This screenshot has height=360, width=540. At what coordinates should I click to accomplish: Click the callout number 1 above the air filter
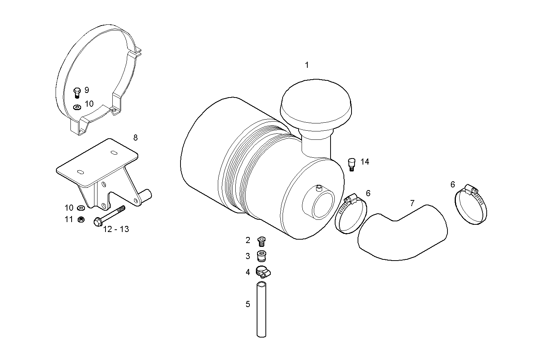tap(307, 65)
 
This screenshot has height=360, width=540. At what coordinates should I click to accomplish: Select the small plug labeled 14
tap(351, 165)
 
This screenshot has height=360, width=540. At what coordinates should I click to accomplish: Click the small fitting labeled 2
tap(261, 241)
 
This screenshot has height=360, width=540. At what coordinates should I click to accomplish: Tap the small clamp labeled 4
tap(262, 272)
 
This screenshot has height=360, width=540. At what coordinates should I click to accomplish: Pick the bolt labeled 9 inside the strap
tap(77, 92)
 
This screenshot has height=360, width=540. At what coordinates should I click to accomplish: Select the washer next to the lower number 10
tap(81, 208)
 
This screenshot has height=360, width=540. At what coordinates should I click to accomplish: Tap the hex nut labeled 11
tap(81, 219)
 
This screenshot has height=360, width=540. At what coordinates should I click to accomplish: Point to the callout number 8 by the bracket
tap(135, 138)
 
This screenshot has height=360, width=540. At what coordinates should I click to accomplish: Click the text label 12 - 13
tap(116, 229)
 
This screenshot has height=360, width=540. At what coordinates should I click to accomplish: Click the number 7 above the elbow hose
tap(412, 203)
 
